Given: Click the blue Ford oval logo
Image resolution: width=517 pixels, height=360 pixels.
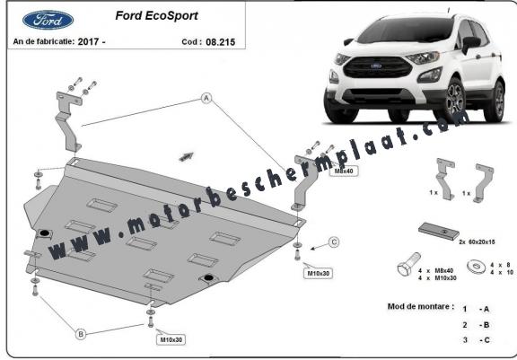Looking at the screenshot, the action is tap(48, 20).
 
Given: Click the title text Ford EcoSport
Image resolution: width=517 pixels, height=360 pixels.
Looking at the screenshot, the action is tap(156, 15).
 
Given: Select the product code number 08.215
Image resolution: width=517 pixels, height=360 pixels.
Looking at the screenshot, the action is tap(220, 42).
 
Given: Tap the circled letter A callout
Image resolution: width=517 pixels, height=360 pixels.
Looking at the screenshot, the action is tap(206, 98).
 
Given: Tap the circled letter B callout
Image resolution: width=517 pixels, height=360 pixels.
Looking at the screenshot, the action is tap(81, 334).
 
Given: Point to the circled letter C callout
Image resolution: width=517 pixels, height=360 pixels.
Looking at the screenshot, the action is tap(334, 242).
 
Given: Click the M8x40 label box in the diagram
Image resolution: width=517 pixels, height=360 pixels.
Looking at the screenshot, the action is tap(344, 171).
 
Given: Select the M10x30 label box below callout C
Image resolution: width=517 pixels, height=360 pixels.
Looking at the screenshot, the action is tap(318, 273).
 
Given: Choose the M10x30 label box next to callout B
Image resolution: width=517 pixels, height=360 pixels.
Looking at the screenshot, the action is tap(171, 339).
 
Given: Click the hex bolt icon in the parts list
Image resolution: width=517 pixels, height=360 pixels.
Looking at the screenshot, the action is tap(408, 264).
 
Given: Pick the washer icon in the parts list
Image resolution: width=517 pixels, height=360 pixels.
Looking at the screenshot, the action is tap(476, 266).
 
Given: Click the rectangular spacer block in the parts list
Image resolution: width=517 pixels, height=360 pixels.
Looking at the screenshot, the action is tap(439, 231).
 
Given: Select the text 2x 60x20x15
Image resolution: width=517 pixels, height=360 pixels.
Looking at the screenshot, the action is tap(477, 242).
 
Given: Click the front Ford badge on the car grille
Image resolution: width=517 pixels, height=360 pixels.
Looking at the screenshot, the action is tap(376, 66).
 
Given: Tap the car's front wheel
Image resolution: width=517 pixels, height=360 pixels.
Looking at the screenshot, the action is tap(452, 100).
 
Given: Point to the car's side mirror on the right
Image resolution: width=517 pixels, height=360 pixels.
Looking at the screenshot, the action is tap(470, 44).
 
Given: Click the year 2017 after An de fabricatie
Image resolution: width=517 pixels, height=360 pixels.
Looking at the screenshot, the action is tap(88, 41).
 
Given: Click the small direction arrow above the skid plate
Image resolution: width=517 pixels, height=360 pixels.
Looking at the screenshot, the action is tap(186, 157).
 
